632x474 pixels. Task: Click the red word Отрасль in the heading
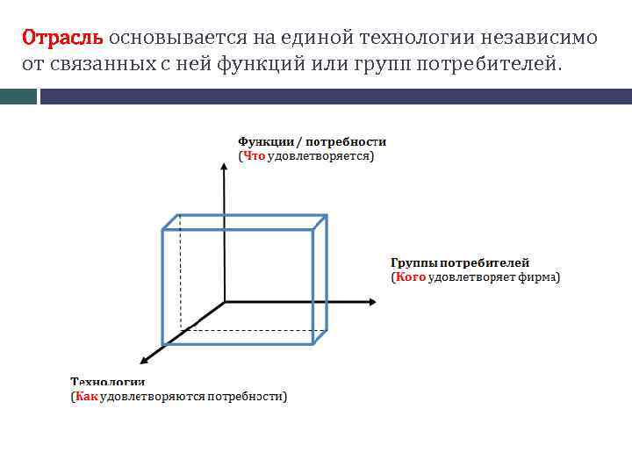click(62, 38)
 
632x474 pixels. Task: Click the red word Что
click(254, 156)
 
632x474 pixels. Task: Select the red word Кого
click(410, 277)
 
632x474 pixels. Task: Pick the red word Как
click(86, 397)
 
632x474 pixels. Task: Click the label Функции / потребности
click(312, 141)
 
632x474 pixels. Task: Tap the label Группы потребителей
click(459, 262)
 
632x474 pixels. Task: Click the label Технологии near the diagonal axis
click(107, 382)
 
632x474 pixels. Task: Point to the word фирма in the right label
click(539, 277)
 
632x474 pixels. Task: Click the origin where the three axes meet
click(225, 302)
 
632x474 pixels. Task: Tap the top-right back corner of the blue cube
click(327, 215)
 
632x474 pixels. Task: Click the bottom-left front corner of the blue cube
click(162, 344)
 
